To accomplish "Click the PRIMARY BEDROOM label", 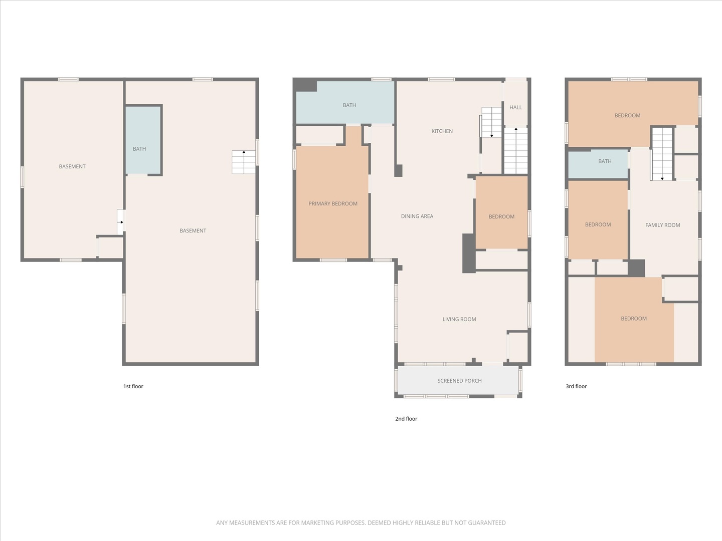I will point(333,204).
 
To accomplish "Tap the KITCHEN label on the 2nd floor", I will point(442,131).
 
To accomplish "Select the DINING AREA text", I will point(417,216).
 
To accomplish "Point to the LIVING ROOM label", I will point(459,319).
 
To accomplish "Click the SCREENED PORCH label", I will point(459,381).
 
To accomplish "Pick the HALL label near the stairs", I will point(515,107).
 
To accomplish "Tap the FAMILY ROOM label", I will point(662,225).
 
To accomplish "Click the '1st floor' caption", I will point(133,386).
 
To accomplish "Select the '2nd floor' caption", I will point(406,419).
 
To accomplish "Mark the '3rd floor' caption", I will point(576,386).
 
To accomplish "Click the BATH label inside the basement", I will point(139,149).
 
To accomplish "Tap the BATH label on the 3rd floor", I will point(605,161).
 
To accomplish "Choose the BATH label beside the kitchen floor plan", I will point(349,105).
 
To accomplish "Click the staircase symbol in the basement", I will point(244,162).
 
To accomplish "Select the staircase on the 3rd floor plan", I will point(662,154).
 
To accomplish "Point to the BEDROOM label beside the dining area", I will point(501,217).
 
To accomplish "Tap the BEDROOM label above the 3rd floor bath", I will point(627,116).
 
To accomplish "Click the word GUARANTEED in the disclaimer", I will point(487,523).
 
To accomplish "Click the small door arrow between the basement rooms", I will point(120,222).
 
